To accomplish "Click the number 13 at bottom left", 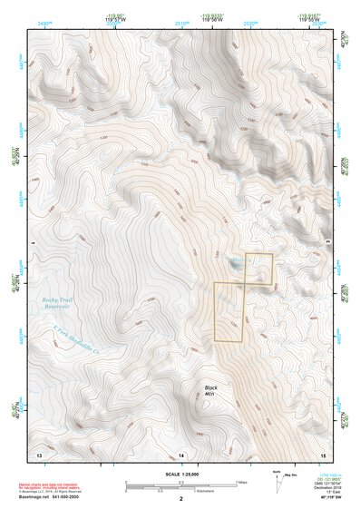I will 38,453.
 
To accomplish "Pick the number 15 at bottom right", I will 322,453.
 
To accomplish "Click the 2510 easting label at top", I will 183,21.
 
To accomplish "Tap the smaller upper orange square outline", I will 258,269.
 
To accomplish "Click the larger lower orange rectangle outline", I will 229,312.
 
